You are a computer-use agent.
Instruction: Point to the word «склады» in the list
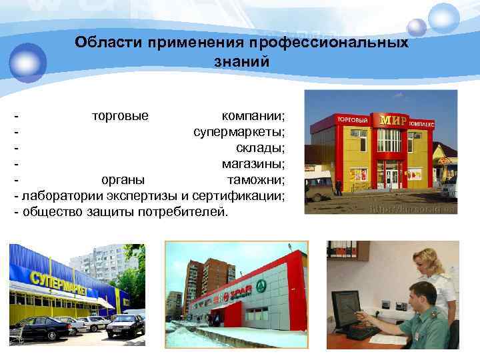click(x=260, y=147)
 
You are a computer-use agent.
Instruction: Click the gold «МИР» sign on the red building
click(x=393, y=120)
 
